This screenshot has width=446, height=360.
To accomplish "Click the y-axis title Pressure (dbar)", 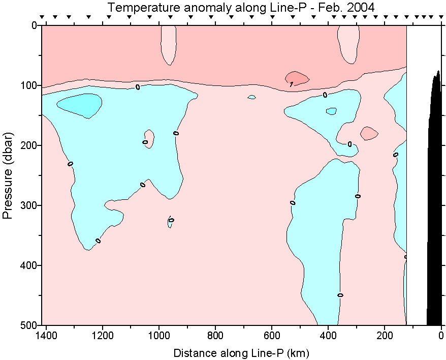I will coord(7,175).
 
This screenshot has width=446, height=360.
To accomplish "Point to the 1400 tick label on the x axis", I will coord(47,336).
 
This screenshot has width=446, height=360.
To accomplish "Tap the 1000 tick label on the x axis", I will coord(160,336).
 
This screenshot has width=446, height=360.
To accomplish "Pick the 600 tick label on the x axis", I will coord(272,336).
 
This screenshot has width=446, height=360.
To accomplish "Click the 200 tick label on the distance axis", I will coord(385,336).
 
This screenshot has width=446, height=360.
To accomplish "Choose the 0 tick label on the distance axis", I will coord(441,336).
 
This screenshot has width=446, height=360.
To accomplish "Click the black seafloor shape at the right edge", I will coord(434,203).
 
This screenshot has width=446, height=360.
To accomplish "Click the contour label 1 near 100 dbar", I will coord(291,84).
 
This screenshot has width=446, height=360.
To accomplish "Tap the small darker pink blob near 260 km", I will coord(369,133).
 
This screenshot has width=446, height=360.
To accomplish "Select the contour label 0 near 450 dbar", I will coord(340,295).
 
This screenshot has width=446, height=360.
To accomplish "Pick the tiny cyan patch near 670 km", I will coord(251,97).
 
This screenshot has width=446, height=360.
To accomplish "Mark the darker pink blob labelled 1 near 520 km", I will coord(297,78).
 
